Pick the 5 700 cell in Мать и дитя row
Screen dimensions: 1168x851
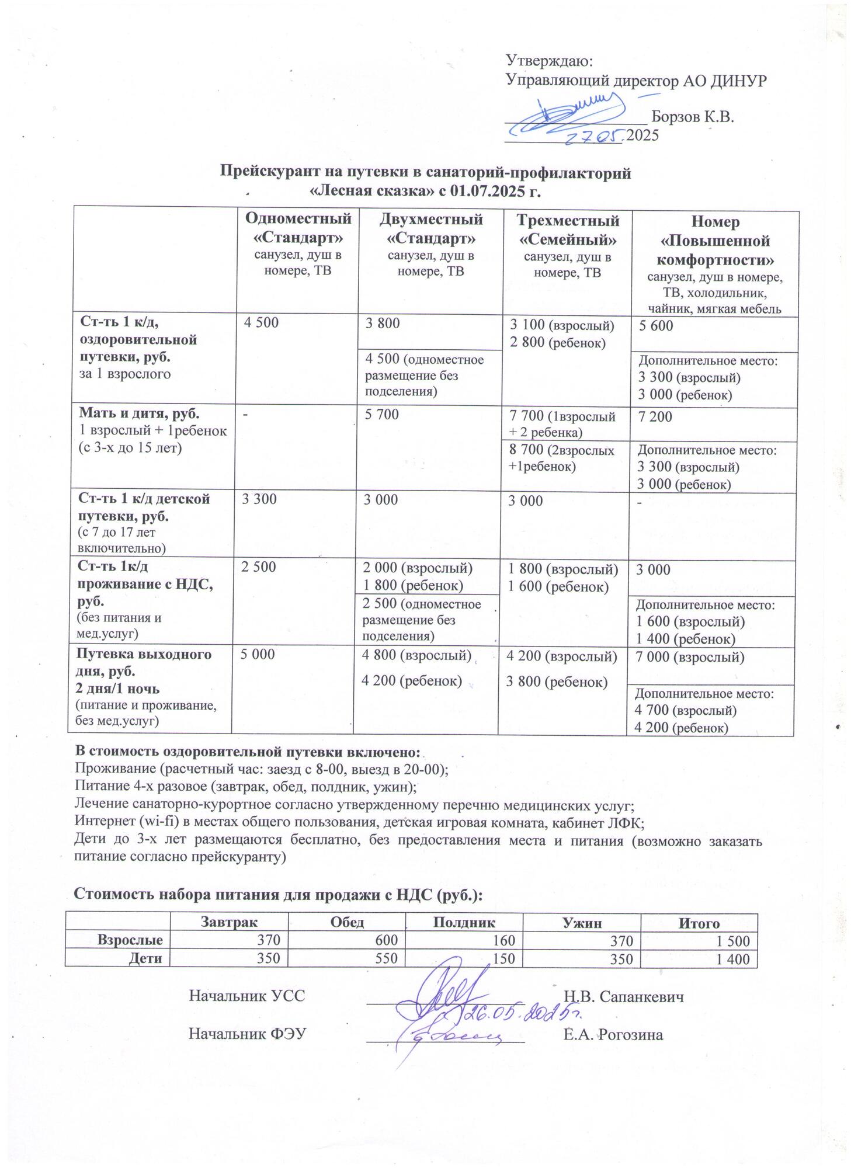(382, 415)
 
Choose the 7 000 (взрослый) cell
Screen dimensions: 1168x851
(689, 658)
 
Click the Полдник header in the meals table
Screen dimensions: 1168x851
(464, 923)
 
